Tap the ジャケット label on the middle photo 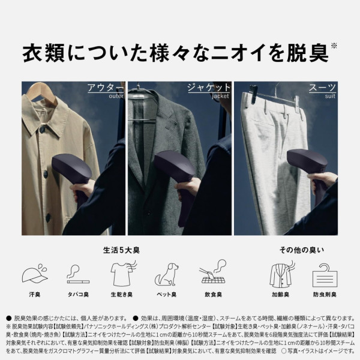209,88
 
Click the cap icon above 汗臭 35,274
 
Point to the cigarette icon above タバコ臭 78,274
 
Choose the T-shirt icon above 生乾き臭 122,274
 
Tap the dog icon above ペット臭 166,274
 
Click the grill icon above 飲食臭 212,274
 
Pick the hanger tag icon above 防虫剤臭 325,274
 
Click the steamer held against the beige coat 72,171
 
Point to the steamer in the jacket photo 175,171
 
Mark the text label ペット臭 166,295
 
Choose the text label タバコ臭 78,295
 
